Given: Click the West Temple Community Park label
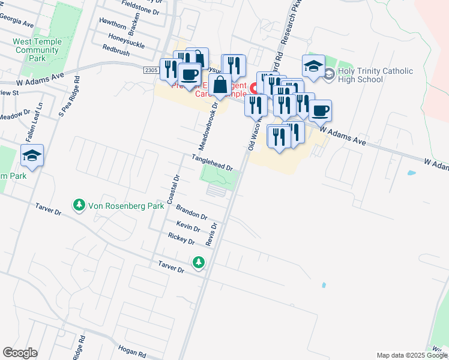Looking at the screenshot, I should coord(37,50).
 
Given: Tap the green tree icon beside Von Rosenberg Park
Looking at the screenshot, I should coord(79,206).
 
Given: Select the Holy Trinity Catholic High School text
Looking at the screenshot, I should coord(375,75).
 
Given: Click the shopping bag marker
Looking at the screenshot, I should coord(220,85).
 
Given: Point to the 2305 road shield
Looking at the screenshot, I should coord(152,71).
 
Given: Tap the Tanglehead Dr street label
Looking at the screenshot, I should coord(211,162).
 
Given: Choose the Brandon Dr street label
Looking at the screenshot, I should coord(191,212).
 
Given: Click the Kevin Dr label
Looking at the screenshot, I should coord(188,226).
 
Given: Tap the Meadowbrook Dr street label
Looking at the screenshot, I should coord(206,126).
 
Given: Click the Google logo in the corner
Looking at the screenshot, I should coord(20,353).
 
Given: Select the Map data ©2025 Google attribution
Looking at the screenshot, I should coord(411,355).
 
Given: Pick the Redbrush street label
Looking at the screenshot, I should coord(116,53).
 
